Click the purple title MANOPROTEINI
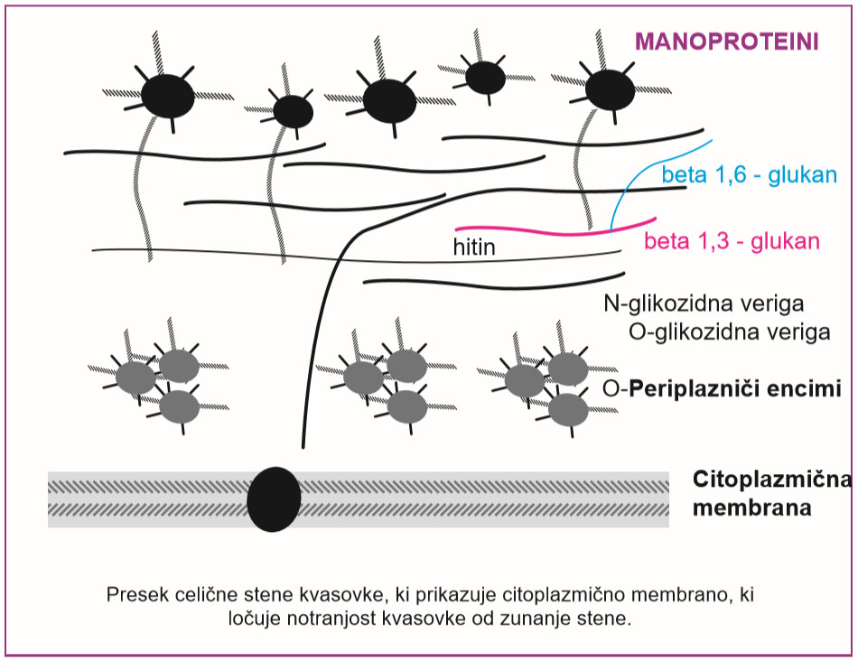click(727, 42)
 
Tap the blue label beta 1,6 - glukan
click(749, 174)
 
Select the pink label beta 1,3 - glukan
click(732, 241)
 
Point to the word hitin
click(474, 247)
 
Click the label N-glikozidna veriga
click(704, 303)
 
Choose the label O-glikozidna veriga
click(730, 332)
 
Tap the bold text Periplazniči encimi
click(735, 388)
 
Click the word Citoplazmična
click(772, 480)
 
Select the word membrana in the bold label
click(751, 508)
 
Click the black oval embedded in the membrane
click(274, 499)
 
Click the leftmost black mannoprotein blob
click(167, 97)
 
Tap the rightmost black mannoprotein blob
click(610, 89)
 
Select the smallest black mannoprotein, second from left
click(293, 112)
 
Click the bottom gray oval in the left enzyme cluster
click(180, 406)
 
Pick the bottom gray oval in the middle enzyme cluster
click(407, 406)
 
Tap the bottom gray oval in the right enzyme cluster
click(568, 409)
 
